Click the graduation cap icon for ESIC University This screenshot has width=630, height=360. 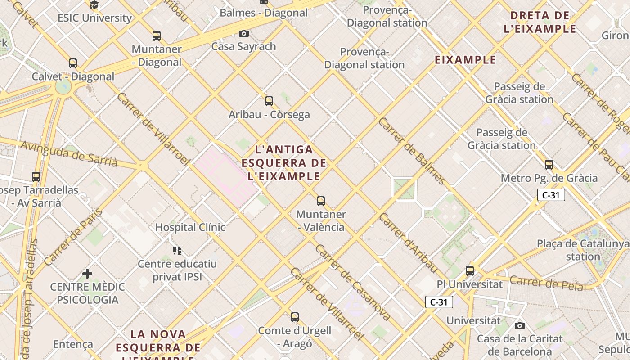tap(94, 5)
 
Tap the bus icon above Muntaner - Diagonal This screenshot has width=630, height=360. tap(157, 36)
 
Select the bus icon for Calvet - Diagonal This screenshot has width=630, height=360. tap(73, 63)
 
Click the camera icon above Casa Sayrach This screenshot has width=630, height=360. tap(244, 33)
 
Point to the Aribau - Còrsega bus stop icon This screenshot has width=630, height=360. tap(269, 101)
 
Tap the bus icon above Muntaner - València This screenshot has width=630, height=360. tap(321, 201)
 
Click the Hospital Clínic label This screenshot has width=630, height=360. tap(190, 227)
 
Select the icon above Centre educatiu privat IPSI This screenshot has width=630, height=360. tap(177, 250)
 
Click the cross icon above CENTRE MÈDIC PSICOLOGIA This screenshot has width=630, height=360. tap(87, 273)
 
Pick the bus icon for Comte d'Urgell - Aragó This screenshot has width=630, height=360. tap(295, 317)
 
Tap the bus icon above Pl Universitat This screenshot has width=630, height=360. tap(470, 271)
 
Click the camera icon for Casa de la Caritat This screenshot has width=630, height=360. tap(520, 325)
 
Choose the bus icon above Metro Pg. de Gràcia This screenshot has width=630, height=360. tap(549, 165)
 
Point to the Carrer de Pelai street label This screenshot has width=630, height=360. tap(548, 283)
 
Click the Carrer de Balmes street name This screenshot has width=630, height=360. tap(412, 151)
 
